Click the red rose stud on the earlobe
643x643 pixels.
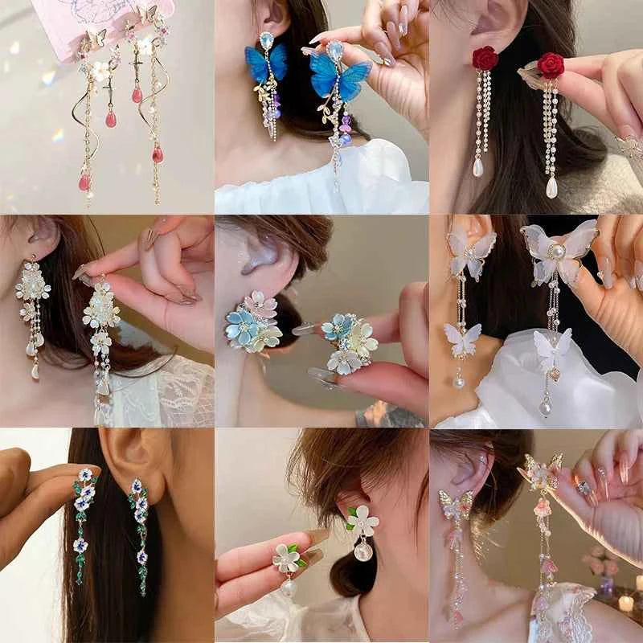[x=485, y=58]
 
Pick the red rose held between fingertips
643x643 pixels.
[x=551, y=64]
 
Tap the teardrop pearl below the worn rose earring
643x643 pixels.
[x=479, y=166]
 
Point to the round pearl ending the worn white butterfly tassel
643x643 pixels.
[x=459, y=383]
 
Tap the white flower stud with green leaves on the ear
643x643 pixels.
[x=362, y=521]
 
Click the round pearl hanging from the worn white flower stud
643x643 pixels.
[x=362, y=552]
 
